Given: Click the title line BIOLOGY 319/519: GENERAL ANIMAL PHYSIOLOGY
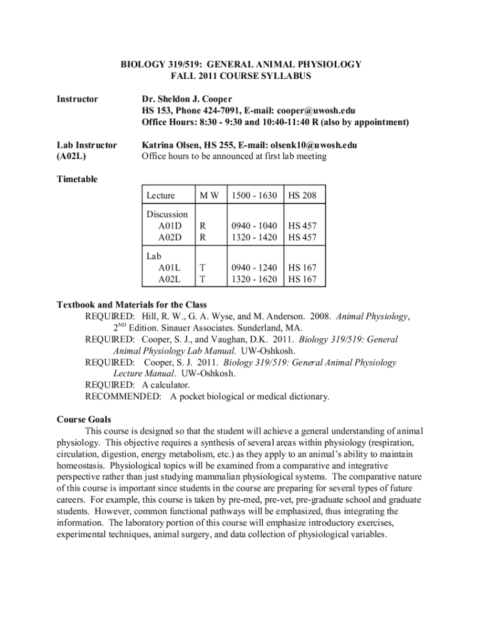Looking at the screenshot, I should [x=241, y=64].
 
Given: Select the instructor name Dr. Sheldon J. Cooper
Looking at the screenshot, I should [x=187, y=99].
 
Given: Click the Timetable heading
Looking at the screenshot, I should [x=77, y=180].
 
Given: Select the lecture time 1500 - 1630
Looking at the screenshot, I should [x=253, y=197].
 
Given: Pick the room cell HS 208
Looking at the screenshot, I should [x=302, y=197].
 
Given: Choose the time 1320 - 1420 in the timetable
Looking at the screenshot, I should [x=253, y=238].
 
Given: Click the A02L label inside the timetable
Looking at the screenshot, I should [x=170, y=279].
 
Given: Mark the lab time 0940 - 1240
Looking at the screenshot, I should [x=253, y=268].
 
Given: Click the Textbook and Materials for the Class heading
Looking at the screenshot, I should [x=131, y=305].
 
